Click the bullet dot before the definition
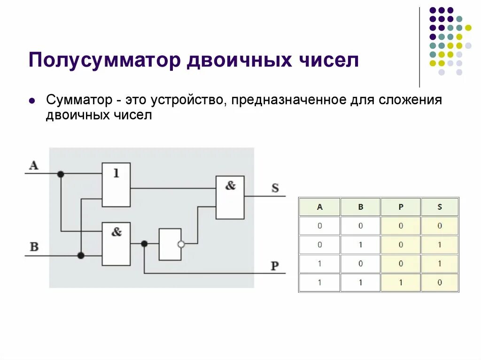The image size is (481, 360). [31, 101]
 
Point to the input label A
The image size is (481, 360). [34, 165]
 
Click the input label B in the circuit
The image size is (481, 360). [34, 247]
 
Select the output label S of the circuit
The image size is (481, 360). [275, 188]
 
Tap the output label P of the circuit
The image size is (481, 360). [275, 266]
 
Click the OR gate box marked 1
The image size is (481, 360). [116, 185]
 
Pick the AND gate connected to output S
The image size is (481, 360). [230, 197]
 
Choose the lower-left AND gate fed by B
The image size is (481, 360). [116, 244]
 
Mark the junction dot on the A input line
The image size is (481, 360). [61, 174]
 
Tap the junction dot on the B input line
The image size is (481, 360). [81, 255]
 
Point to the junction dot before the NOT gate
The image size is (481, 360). [144, 244]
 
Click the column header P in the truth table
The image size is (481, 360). [400, 207]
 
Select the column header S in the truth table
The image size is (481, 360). [440, 207]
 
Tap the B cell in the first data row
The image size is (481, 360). [360, 226]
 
